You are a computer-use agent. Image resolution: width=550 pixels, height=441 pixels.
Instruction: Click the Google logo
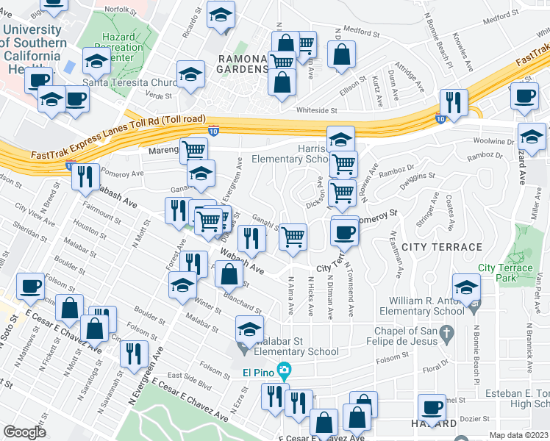coord(25,431)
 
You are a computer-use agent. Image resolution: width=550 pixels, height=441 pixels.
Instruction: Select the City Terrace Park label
coord(505,273)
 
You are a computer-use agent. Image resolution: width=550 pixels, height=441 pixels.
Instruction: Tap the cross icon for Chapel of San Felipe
coord(446,336)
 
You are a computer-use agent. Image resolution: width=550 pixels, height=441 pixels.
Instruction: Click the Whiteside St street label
coord(316,112)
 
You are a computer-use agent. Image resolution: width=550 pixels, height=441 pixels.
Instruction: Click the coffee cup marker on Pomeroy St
coord(343,233)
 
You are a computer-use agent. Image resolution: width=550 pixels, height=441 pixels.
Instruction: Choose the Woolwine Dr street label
coord(493,140)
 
